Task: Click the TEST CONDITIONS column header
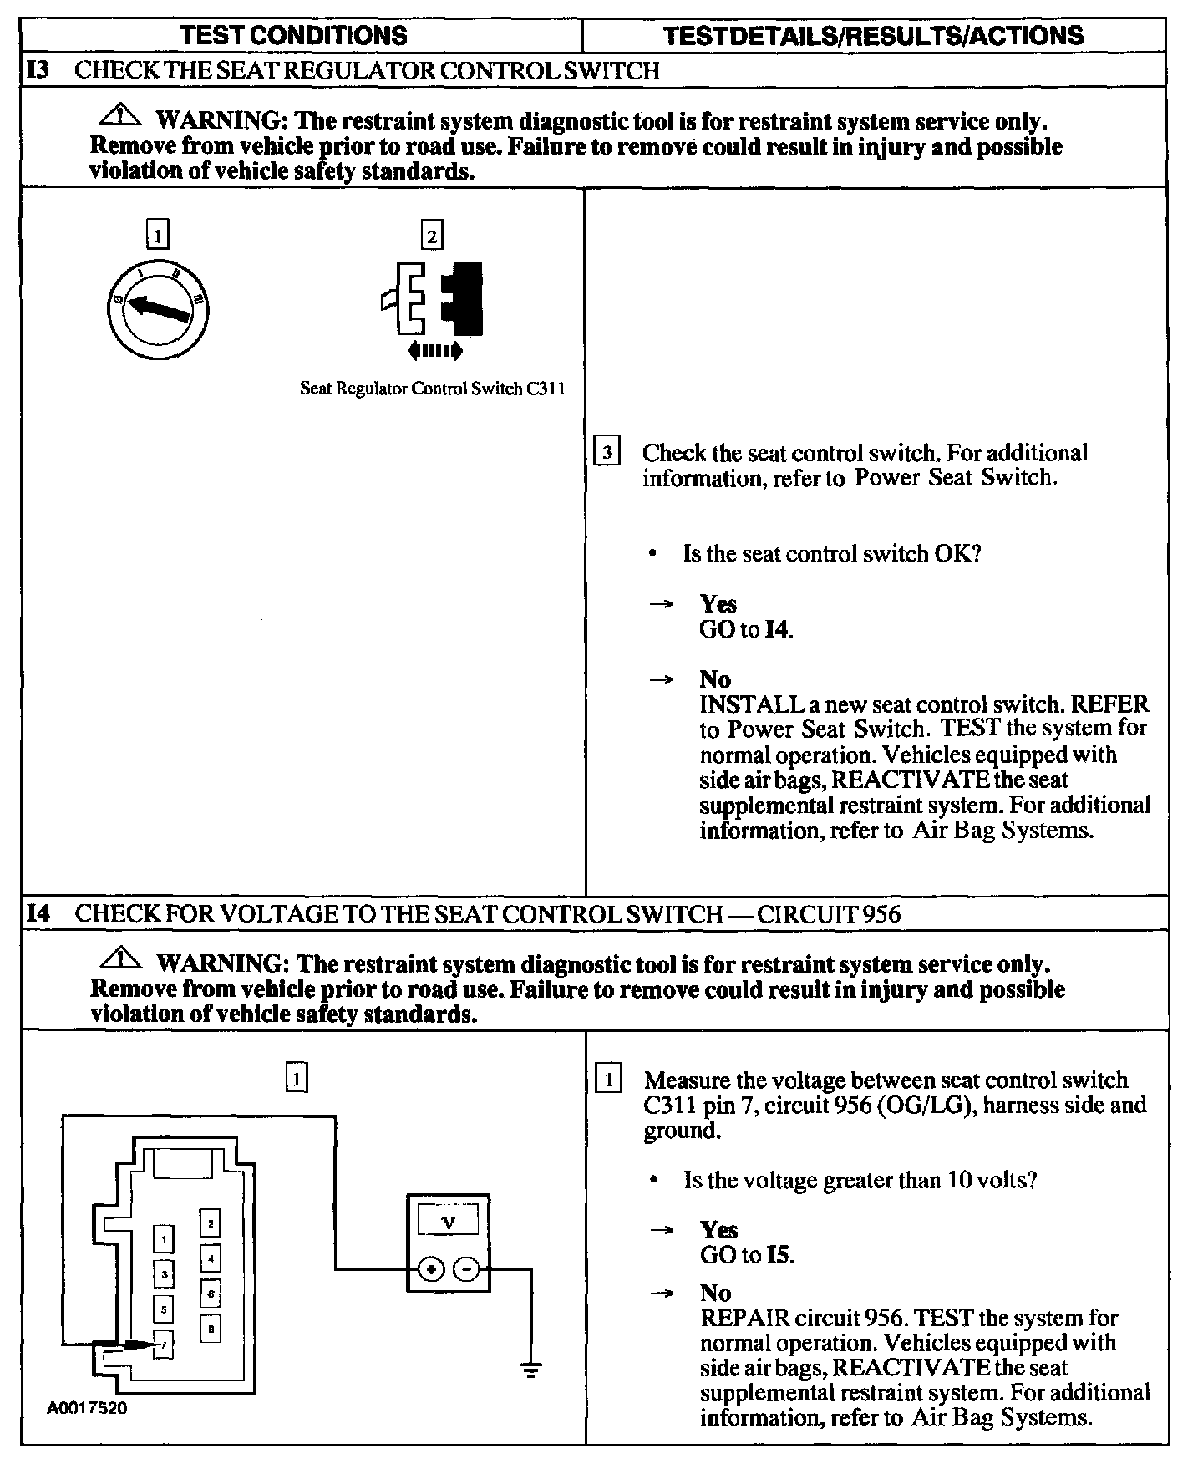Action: [x=294, y=35]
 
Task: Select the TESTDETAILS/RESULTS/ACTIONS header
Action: [x=873, y=35]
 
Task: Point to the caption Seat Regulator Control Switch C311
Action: [x=432, y=389]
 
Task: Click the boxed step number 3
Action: [x=607, y=453]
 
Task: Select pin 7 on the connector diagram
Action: [x=164, y=1345]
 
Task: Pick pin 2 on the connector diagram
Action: [x=211, y=1224]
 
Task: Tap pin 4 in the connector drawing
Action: [x=211, y=1257]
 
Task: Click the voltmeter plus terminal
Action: [x=431, y=1271]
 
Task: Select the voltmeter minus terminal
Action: [x=466, y=1271]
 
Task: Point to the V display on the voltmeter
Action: [x=449, y=1223]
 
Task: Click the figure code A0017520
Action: [x=87, y=1407]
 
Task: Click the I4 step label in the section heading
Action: [x=38, y=913]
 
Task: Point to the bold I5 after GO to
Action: [x=779, y=1255]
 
